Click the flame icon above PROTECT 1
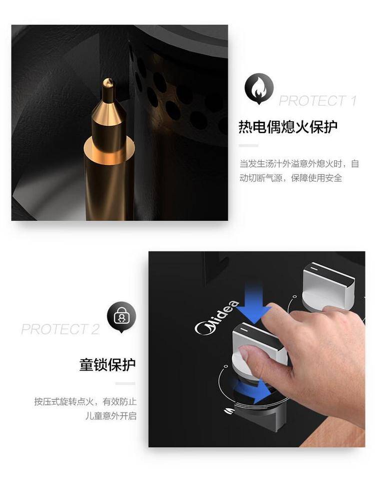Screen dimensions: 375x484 259,89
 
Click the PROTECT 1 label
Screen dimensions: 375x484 317,101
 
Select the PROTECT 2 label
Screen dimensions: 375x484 60,329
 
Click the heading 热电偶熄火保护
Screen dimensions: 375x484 288,127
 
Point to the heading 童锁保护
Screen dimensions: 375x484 107,365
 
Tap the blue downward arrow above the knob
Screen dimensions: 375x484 254,304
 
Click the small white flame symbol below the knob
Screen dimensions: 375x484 228,411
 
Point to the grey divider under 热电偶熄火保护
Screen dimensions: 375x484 248,145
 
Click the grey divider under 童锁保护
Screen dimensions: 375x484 125,384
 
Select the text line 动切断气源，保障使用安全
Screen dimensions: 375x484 291,178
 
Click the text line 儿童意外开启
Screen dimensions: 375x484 111,416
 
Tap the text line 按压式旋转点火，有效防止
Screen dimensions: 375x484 85,402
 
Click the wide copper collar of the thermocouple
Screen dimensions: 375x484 109,147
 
